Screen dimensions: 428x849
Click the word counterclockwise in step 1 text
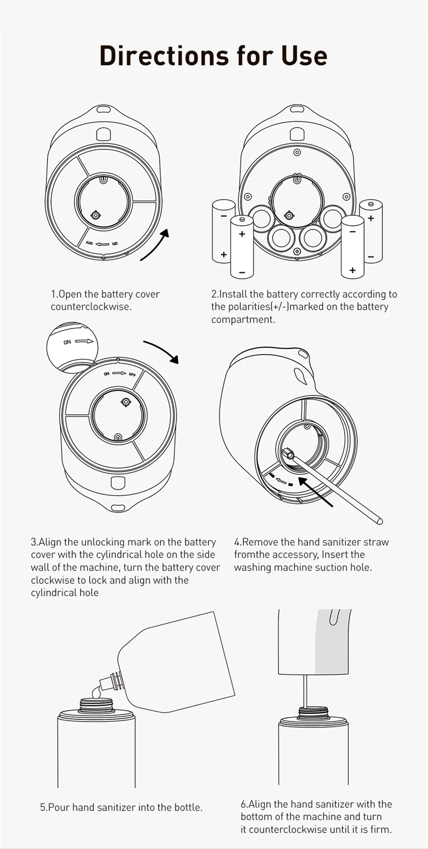click(91, 307)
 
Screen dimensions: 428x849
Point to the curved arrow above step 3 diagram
click(161, 351)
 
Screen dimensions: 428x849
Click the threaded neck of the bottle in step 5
click(96, 705)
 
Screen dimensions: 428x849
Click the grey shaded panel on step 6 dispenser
click(332, 642)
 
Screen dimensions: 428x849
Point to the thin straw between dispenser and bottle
click(306, 690)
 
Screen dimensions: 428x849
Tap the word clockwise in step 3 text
click(51, 580)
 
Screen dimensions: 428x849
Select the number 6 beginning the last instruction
click(243, 804)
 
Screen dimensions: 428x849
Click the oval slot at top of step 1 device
click(104, 109)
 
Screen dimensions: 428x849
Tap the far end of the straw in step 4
click(379, 521)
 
